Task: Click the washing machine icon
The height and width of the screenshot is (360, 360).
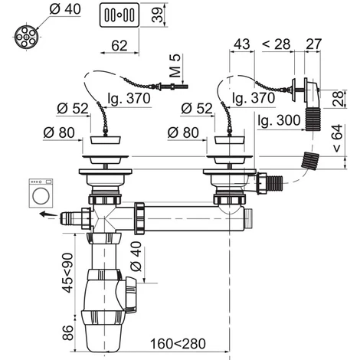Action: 41,192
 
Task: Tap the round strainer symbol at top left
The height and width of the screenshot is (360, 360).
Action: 26,37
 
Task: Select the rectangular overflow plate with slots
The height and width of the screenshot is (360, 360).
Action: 119,15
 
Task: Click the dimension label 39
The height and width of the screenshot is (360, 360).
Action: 157,15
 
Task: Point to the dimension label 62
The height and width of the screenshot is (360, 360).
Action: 119,45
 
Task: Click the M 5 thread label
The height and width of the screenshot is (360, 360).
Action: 175,66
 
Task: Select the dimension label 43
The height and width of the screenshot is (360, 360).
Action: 241,44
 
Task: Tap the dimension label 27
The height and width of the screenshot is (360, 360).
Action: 313,44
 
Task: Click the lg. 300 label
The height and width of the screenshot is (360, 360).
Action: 279,120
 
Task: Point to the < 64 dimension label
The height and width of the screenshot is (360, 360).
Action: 337,138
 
